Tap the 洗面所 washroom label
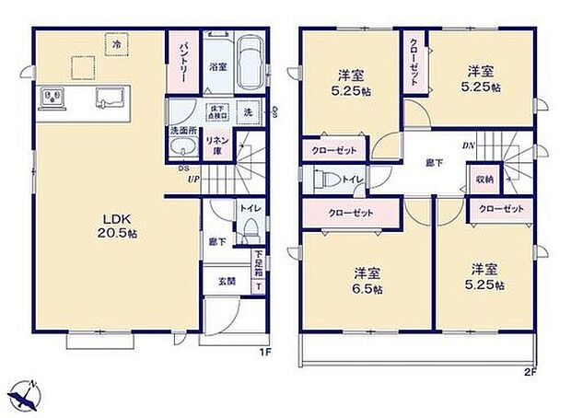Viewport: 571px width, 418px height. point(182,131)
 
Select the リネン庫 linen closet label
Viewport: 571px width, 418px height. point(216,145)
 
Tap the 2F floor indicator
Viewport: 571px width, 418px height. point(530,372)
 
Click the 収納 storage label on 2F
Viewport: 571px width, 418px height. point(484,180)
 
